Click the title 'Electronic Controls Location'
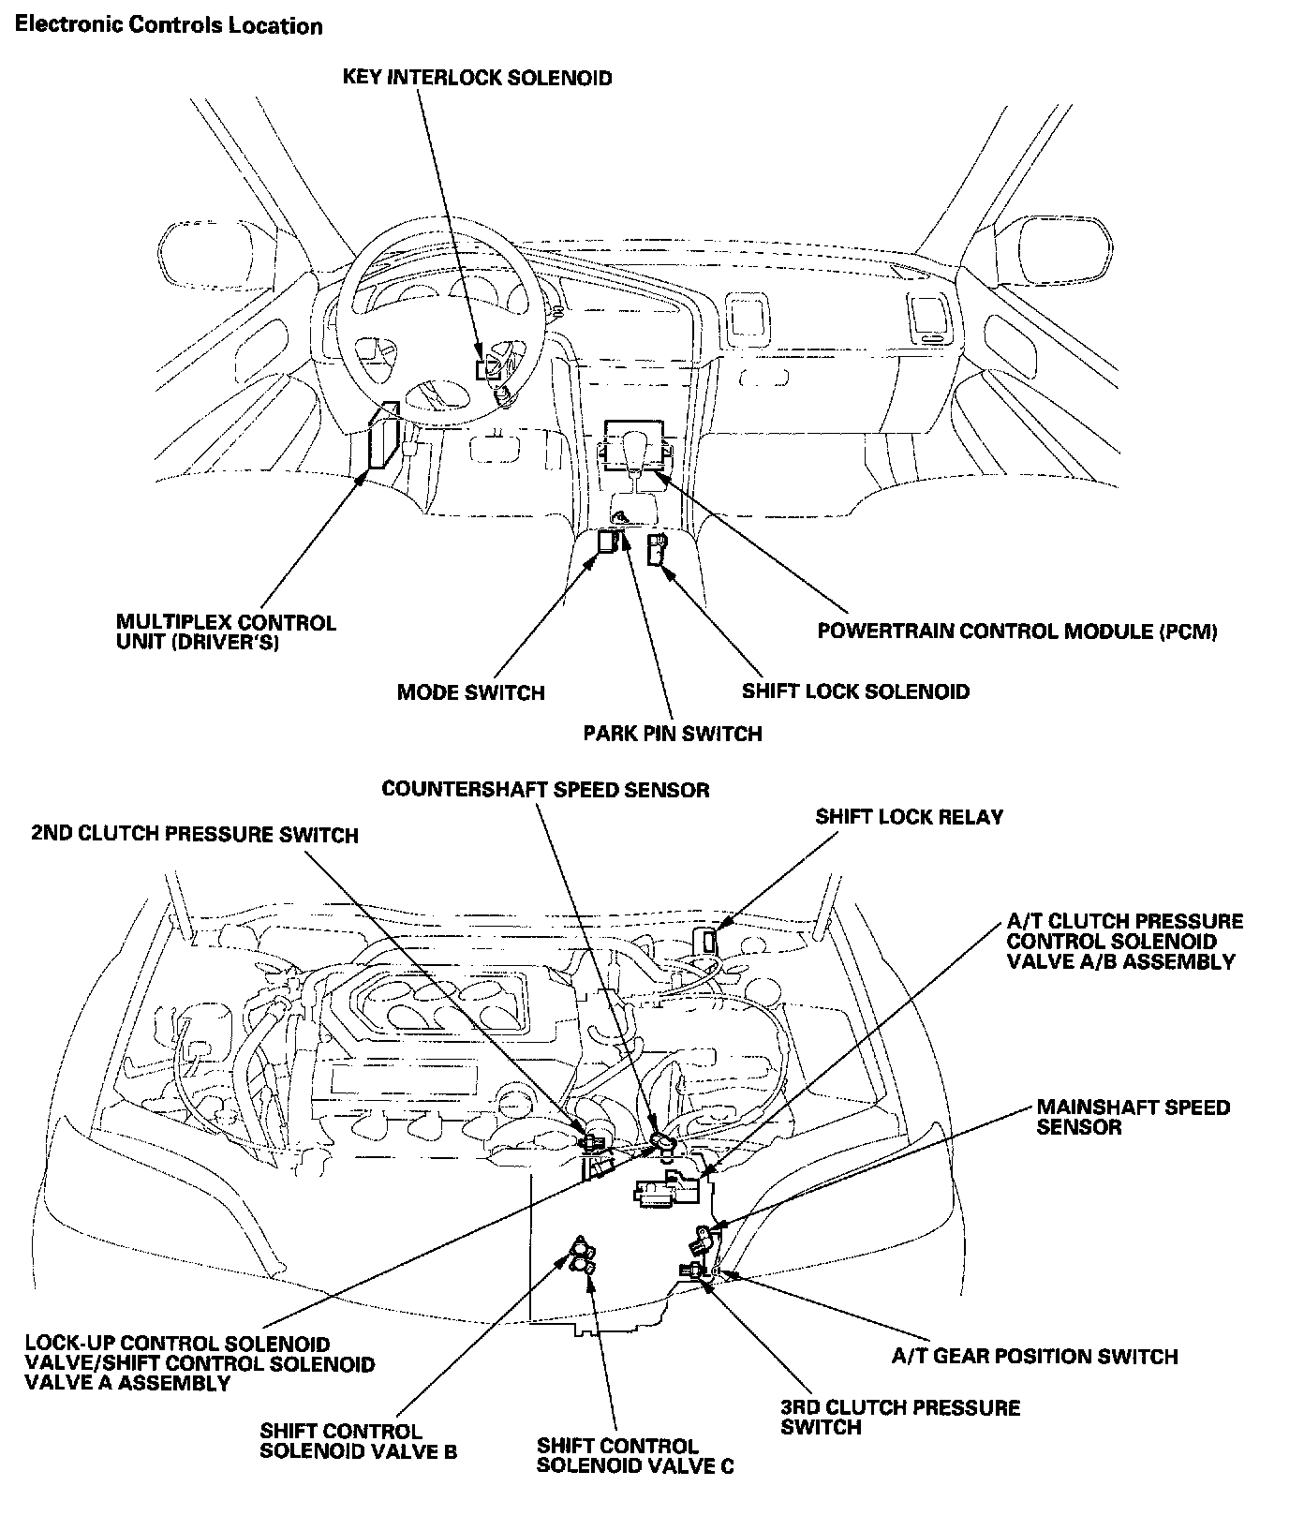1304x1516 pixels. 169,25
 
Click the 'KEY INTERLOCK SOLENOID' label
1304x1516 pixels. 477,77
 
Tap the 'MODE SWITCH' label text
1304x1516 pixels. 470,692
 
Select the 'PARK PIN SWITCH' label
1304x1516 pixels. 672,733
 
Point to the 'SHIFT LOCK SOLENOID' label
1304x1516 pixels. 855,691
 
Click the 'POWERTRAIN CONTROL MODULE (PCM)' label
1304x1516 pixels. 1017,631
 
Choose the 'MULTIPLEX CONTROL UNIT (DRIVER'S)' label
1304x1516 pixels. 226,632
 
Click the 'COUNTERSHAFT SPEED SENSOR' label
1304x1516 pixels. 545,789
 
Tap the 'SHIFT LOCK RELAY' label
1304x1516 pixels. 909,816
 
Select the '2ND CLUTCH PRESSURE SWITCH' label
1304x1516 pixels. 194,834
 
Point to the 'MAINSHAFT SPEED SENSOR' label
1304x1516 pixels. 1132,1117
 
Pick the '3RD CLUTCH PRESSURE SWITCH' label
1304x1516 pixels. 899,1417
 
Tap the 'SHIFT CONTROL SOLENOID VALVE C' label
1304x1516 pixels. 634,1456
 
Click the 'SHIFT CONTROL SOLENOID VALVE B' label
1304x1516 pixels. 359,1441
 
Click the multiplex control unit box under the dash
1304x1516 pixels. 384,438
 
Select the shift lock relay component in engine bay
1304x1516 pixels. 707,940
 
